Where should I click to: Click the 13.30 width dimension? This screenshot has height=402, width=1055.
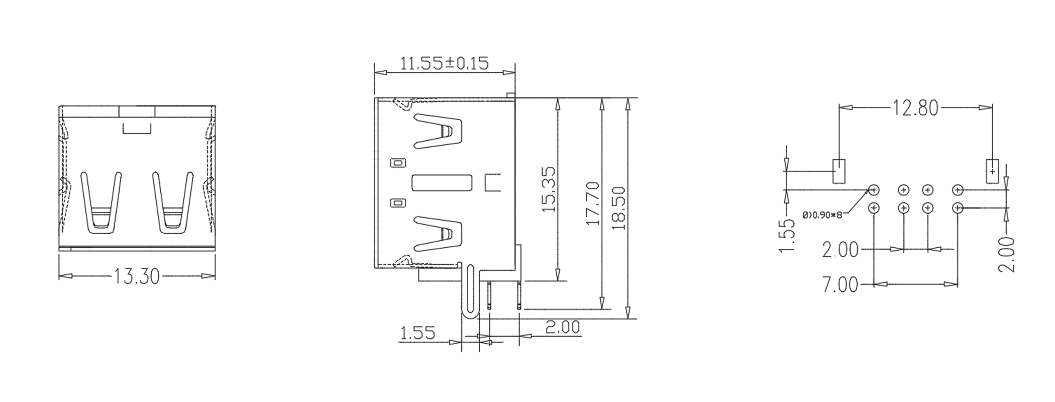tap(137, 276)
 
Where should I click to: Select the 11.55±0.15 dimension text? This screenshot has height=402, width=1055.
tap(444, 64)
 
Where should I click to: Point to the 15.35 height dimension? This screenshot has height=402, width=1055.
tap(550, 189)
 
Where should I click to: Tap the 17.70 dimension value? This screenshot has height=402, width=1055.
tap(593, 203)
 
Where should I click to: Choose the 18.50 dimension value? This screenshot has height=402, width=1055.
tap(619, 208)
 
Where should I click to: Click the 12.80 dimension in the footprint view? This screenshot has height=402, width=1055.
tap(915, 108)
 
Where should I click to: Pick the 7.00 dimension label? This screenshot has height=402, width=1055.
tap(840, 285)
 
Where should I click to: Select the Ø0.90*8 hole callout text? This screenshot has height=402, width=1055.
tap(822, 216)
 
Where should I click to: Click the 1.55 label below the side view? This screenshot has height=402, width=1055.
tap(417, 333)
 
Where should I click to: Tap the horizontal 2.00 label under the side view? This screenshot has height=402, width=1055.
tap(562, 328)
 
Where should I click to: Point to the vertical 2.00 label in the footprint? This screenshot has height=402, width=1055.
tap(1006, 255)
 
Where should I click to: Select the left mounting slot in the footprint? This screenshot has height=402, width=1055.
tap(839, 171)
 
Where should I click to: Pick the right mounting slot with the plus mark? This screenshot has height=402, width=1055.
tap(992, 171)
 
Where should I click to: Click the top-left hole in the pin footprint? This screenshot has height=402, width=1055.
tap(874, 190)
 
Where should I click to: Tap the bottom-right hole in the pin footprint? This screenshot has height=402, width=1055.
tap(958, 208)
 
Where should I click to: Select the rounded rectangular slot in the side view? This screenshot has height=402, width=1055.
tap(442, 183)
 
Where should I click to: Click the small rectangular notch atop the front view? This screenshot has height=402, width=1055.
tap(137, 129)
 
